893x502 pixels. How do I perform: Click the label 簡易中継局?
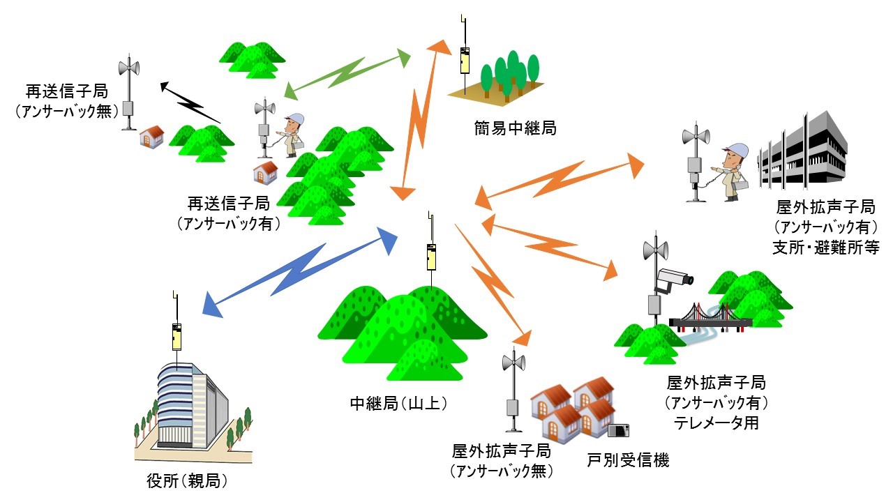[x=513, y=128]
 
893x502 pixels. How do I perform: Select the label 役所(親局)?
[x=187, y=481]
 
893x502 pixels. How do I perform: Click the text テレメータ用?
[x=716, y=423]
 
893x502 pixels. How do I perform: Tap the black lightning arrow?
[x=190, y=103]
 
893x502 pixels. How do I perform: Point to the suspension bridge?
[x=710, y=318]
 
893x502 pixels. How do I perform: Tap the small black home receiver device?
[x=619, y=430]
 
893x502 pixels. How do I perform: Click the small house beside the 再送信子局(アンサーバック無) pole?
[x=151, y=136]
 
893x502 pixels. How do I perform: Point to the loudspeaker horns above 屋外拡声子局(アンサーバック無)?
[x=513, y=363]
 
